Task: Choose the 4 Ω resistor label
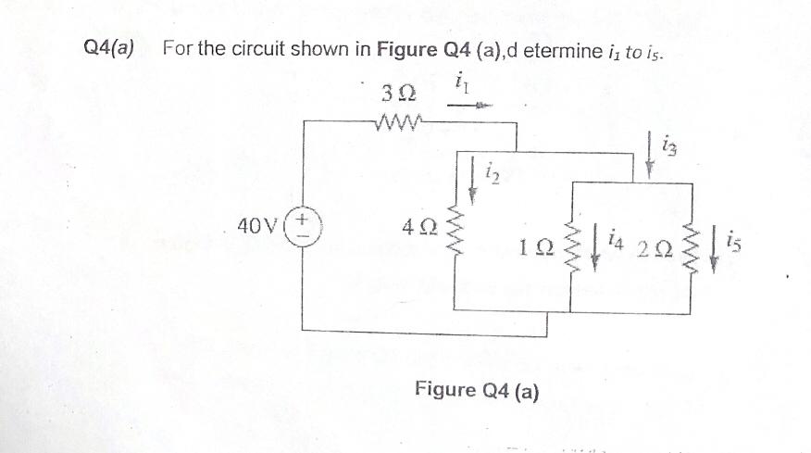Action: pos(418,225)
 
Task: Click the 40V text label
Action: pos(255,225)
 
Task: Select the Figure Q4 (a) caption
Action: pos(478,389)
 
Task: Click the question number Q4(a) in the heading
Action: pos(108,47)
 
